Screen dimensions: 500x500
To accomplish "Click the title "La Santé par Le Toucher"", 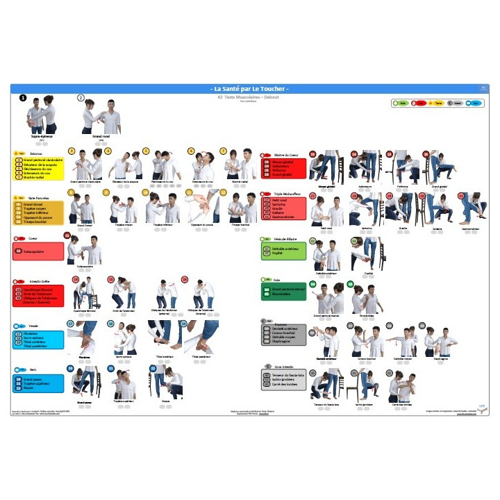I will tap(249, 89).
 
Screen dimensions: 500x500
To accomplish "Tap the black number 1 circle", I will tap(22, 99).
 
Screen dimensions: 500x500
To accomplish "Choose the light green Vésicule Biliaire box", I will tap(283, 250).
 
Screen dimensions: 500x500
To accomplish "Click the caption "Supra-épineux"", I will tap(42, 128).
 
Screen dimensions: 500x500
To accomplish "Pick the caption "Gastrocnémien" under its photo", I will tap(470, 227).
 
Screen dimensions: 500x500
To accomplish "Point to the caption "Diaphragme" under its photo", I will tap(440, 358).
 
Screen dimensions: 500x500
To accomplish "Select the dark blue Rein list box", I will tap(37, 381).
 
